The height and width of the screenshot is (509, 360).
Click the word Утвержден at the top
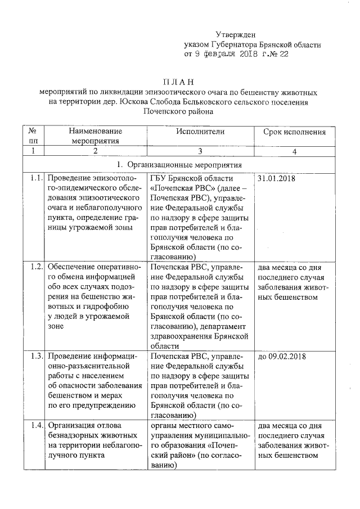click(235, 35)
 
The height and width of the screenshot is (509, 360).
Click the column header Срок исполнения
click(294, 132)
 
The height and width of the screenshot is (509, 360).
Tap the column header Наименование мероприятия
click(95, 136)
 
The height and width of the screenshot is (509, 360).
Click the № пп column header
click(34, 136)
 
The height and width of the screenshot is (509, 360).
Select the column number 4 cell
click(294, 151)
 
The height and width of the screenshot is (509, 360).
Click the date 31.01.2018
click(276, 178)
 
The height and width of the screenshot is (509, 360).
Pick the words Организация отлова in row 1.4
click(85, 425)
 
